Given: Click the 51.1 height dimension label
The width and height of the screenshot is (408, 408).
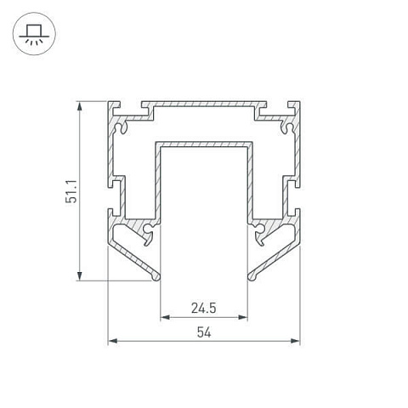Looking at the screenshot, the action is tap(71, 191).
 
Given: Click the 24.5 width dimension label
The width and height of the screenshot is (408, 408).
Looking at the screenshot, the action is tap(203, 309).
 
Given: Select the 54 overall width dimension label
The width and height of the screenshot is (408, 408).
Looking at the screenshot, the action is tap(204, 332).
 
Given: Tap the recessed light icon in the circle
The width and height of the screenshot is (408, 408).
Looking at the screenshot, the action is tap(34, 34).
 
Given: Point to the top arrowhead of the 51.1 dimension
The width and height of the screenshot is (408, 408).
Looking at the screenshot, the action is tap(80, 107).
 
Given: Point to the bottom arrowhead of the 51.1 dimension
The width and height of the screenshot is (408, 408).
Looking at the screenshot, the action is tap(80, 275).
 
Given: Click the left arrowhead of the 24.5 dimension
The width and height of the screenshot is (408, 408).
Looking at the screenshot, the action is tap(165, 317).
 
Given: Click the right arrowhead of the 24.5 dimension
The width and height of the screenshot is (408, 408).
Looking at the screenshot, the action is tap(243, 317).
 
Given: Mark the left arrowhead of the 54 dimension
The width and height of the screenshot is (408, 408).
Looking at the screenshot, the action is tap(113, 341).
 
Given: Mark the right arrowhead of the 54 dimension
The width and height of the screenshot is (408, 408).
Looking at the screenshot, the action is tap(295, 341).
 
